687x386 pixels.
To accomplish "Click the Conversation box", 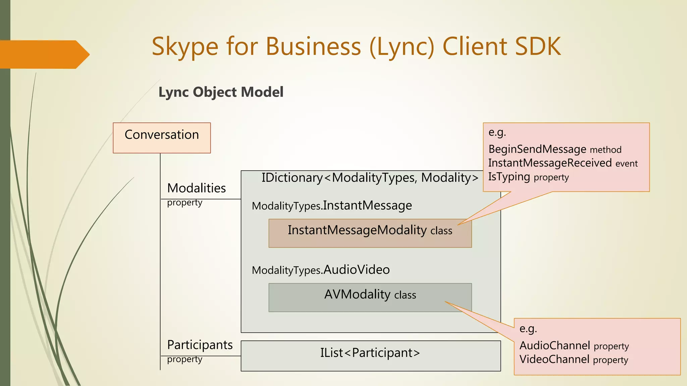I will tap(162, 138).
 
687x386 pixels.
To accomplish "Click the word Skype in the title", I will tap(185, 47).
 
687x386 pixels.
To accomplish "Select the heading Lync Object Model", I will tap(221, 92).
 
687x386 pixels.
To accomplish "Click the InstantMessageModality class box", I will tap(370, 233).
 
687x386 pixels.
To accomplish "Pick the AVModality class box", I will tap(370, 298).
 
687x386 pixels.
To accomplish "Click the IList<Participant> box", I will tap(370, 356).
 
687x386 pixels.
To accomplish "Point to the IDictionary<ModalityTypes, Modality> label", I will tap(370, 178).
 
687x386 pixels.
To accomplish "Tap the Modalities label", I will tap(196, 188).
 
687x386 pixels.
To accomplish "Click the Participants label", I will tap(200, 345).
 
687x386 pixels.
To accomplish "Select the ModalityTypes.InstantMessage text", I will tap(332, 205).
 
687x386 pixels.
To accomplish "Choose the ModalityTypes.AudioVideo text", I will tap(321, 270).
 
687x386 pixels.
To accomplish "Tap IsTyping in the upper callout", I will tap(509, 177).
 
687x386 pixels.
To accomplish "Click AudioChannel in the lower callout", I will tap(554, 345).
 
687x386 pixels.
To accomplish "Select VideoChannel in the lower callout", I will tap(554, 359).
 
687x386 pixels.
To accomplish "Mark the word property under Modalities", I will tap(184, 203).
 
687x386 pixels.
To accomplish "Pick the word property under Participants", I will tap(184, 359).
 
